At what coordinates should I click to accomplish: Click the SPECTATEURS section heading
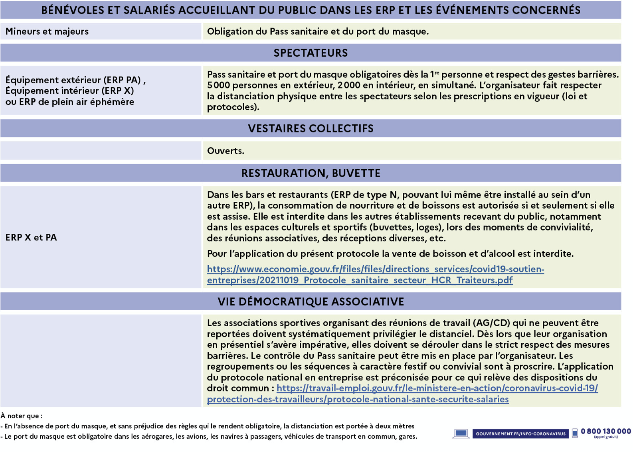click(311, 53)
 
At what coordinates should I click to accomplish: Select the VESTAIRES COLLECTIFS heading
click(311, 128)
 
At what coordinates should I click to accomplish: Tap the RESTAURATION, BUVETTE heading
click(311, 173)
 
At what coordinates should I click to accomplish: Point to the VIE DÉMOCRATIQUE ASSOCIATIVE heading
click(311, 301)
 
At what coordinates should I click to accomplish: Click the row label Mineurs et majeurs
click(47, 32)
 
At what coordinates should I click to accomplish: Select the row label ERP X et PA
click(31, 238)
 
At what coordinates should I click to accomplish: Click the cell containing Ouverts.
click(226, 151)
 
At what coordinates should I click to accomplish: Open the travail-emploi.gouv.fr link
click(437, 388)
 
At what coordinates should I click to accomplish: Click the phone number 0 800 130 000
click(605, 431)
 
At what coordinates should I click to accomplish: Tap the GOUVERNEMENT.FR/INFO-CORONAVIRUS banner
click(520, 433)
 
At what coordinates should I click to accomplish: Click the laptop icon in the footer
click(461, 433)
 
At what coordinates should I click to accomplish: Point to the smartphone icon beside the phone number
click(575, 433)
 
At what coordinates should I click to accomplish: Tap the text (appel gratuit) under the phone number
click(605, 437)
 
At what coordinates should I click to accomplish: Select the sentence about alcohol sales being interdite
click(390, 254)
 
